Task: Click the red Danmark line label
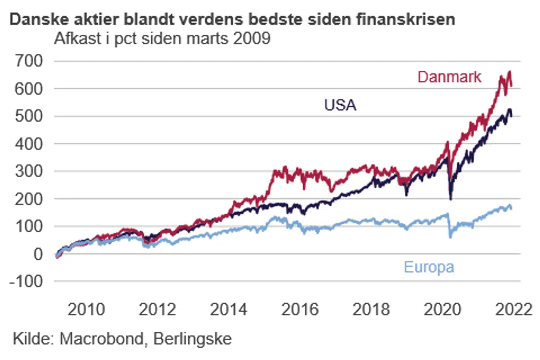click(x=449, y=77)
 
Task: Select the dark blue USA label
click(x=340, y=105)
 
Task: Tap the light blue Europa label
click(x=429, y=267)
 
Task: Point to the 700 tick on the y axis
click(x=29, y=61)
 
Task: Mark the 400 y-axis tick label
click(x=29, y=144)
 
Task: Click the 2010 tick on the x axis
click(x=86, y=309)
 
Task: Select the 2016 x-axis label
click(x=300, y=309)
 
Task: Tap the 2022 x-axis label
click(x=513, y=309)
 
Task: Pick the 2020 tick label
click(x=442, y=309)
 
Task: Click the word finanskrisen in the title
click(x=406, y=19)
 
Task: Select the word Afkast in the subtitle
click(x=78, y=38)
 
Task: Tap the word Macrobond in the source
click(x=102, y=339)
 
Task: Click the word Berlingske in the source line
click(x=192, y=339)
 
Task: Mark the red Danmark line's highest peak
click(x=509, y=72)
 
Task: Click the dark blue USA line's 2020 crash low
click(x=450, y=199)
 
